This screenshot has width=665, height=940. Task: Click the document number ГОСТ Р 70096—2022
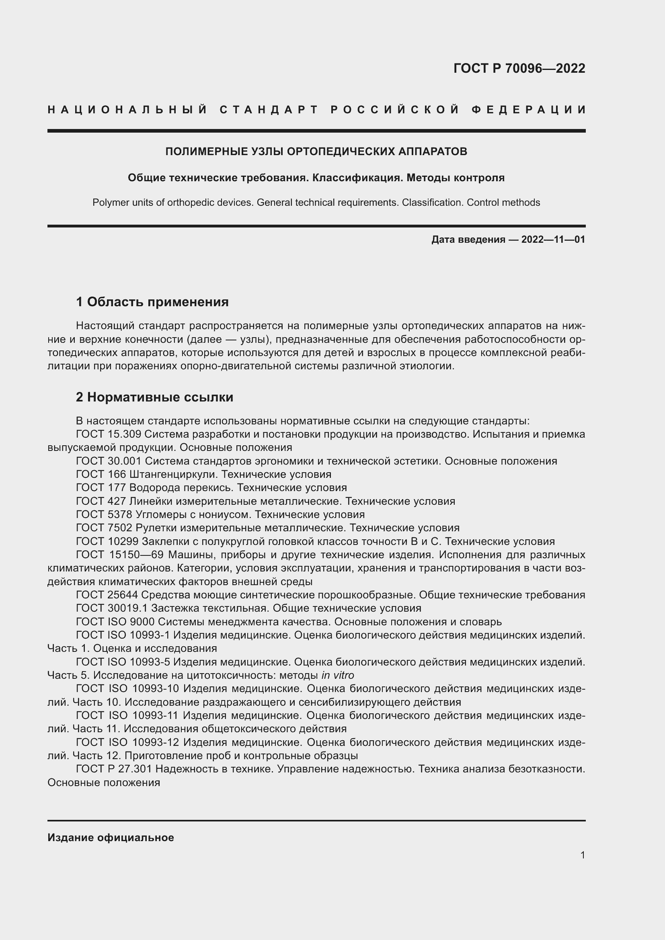tap(519, 68)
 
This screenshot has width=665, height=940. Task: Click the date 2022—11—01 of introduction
tap(553, 240)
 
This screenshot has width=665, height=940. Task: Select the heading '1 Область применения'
tap(152, 302)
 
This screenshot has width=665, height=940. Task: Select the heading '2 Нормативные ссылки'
tap(154, 397)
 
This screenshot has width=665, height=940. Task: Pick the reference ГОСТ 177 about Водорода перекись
tap(102, 487)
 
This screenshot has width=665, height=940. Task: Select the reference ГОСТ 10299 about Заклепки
tap(107, 541)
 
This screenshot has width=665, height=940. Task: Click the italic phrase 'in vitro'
tap(337, 675)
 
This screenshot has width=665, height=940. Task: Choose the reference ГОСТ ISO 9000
tap(115, 621)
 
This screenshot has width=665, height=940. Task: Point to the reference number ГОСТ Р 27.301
tap(113, 769)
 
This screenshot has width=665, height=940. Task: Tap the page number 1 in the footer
tap(582, 855)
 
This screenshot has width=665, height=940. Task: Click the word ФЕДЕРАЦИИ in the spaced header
tap(528, 110)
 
